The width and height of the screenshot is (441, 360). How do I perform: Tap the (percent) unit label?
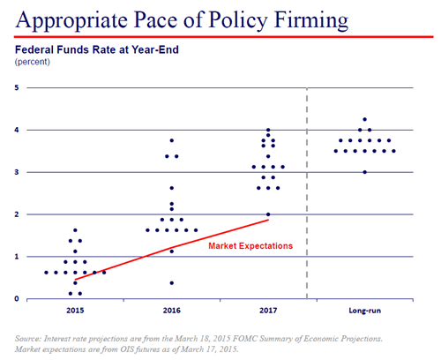click(x=34, y=63)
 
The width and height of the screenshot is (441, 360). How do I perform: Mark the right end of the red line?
click(x=268, y=219)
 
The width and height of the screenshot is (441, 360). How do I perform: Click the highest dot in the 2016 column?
click(x=172, y=140)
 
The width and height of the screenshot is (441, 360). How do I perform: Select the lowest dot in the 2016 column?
click(x=172, y=283)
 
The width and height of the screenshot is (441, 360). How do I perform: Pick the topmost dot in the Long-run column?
click(x=364, y=119)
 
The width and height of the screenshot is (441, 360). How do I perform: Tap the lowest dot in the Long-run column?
click(x=364, y=172)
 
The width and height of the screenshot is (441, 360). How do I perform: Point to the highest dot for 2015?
click(x=75, y=230)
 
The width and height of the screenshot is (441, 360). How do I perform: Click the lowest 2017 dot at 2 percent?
click(x=268, y=214)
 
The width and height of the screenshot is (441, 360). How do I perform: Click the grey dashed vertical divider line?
click(x=307, y=194)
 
